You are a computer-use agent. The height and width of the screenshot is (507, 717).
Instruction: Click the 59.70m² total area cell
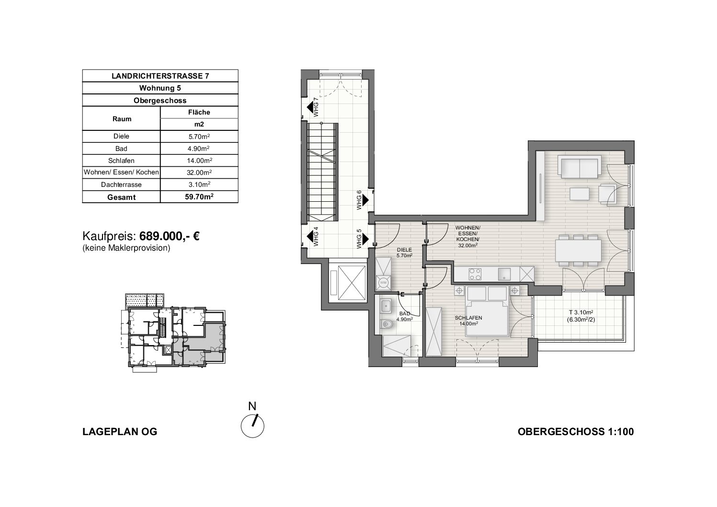click(x=199, y=197)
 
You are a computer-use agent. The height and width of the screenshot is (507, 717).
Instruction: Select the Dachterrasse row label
click(x=121, y=185)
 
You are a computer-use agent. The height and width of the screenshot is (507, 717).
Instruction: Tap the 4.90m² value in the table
click(x=199, y=149)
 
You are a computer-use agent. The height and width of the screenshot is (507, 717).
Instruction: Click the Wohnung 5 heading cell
click(x=160, y=88)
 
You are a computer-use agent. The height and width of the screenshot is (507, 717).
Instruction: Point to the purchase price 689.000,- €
click(x=170, y=236)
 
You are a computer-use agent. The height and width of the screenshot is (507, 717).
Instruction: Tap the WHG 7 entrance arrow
click(x=310, y=108)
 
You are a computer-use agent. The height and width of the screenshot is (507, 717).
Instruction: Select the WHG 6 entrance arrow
click(x=365, y=200)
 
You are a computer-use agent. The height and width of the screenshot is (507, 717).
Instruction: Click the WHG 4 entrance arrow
click(x=310, y=236)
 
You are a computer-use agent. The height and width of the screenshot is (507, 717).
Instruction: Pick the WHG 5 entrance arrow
click(x=365, y=239)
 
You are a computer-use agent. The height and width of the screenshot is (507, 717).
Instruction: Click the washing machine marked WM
click(x=384, y=282)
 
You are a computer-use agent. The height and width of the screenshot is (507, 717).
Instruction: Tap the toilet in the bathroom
click(x=387, y=324)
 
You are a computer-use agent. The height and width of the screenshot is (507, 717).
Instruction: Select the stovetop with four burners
click(x=475, y=274)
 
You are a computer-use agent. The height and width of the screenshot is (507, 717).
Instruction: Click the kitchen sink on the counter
click(x=504, y=274)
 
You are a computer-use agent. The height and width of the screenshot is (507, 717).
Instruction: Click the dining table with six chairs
click(x=579, y=251)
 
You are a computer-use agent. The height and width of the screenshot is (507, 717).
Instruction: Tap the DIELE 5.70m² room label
click(x=404, y=253)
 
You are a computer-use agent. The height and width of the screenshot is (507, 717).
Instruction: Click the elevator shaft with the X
click(x=352, y=282)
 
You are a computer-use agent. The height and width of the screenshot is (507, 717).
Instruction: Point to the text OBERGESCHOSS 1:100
click(x=576, y=432)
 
